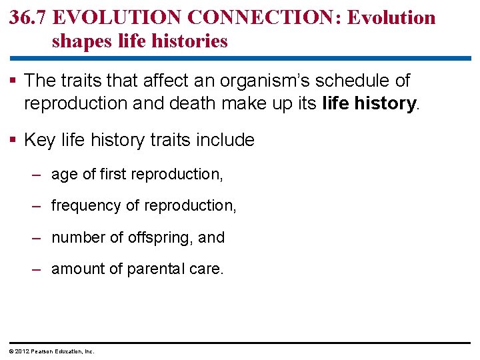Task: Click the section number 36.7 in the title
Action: [x=28, y=17]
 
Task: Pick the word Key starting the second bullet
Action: [x=39, y=140]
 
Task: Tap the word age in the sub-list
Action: [x=63, y=175]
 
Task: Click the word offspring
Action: [x=164, y=237]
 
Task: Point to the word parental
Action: [x=158, y=269]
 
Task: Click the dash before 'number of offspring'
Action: [x=38, y=237]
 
